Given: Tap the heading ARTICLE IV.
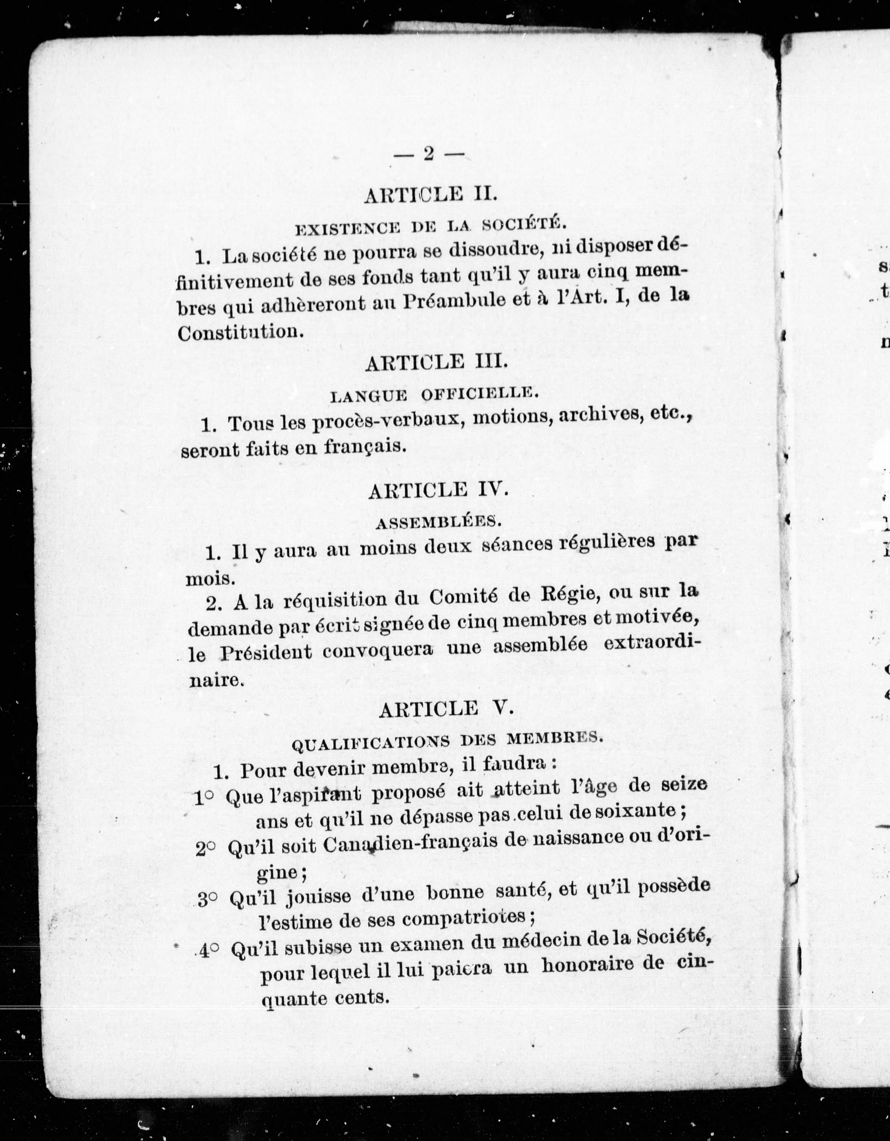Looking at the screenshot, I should click(x=438, y=491).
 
